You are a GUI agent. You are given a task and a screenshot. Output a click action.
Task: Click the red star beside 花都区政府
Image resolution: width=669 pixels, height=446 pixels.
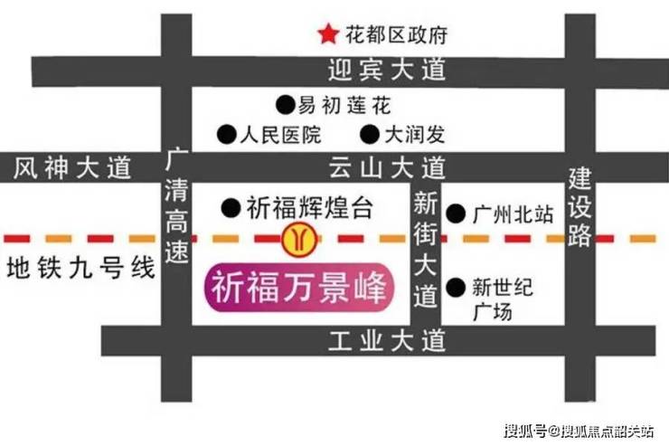328,34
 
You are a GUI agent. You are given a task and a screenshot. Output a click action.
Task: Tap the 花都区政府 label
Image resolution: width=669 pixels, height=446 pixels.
396,35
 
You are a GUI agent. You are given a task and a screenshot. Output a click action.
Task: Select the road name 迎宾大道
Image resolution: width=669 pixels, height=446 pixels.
387,70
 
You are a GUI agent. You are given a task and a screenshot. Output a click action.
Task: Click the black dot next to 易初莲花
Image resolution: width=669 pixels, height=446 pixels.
285,105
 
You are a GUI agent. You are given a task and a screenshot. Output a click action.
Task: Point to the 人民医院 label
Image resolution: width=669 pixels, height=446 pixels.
281,135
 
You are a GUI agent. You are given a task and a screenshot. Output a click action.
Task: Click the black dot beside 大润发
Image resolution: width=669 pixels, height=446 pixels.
370,135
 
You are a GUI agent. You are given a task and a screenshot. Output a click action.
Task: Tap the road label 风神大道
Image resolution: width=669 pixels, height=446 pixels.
72,167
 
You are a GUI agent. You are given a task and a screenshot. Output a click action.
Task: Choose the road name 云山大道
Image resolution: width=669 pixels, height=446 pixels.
387,167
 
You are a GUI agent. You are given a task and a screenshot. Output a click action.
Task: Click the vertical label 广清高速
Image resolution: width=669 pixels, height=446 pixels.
176,205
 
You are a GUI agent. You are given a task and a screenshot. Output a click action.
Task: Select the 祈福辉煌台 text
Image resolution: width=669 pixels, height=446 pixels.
310,208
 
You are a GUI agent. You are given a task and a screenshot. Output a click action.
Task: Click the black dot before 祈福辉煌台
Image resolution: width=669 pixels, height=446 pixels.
231,208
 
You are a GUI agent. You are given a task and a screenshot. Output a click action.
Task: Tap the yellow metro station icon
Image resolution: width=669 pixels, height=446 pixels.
299,239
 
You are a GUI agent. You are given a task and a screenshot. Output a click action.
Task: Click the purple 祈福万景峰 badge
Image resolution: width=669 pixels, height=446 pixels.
299,288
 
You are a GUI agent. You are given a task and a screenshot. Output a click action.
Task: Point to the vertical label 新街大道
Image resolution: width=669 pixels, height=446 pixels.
426,250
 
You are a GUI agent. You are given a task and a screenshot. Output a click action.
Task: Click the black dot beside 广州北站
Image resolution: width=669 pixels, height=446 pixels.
456,214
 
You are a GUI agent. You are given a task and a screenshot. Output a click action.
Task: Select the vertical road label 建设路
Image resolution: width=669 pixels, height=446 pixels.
579,207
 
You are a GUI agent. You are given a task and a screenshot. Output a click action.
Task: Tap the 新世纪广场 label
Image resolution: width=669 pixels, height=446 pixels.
502,299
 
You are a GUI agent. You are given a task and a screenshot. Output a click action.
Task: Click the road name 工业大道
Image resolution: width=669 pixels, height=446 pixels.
387,341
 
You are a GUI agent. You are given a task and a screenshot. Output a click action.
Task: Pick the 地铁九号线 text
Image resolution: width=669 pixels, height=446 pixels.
80,269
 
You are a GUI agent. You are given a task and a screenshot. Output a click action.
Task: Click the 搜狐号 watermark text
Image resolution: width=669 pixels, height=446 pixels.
525,431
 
